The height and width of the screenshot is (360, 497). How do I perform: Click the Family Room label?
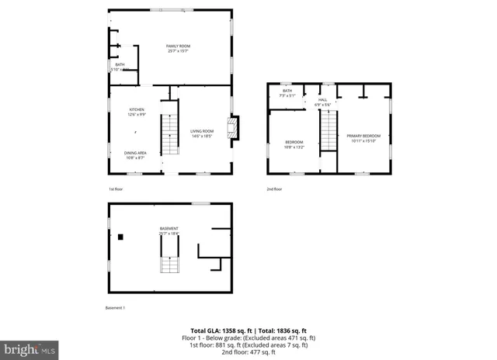178,48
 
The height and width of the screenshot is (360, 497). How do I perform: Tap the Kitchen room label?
137,112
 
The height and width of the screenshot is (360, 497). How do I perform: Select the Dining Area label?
135,154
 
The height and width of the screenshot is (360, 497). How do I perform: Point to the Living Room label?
202,133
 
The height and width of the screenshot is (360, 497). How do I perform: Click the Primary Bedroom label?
362,138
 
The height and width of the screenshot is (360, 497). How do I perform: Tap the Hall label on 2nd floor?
323,102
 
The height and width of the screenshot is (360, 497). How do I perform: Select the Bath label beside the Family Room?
120,67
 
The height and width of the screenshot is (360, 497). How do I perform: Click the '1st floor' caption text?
115,189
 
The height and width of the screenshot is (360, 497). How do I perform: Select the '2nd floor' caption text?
273,189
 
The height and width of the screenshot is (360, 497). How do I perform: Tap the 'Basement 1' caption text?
115,308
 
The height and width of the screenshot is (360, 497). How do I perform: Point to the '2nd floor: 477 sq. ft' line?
248,353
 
